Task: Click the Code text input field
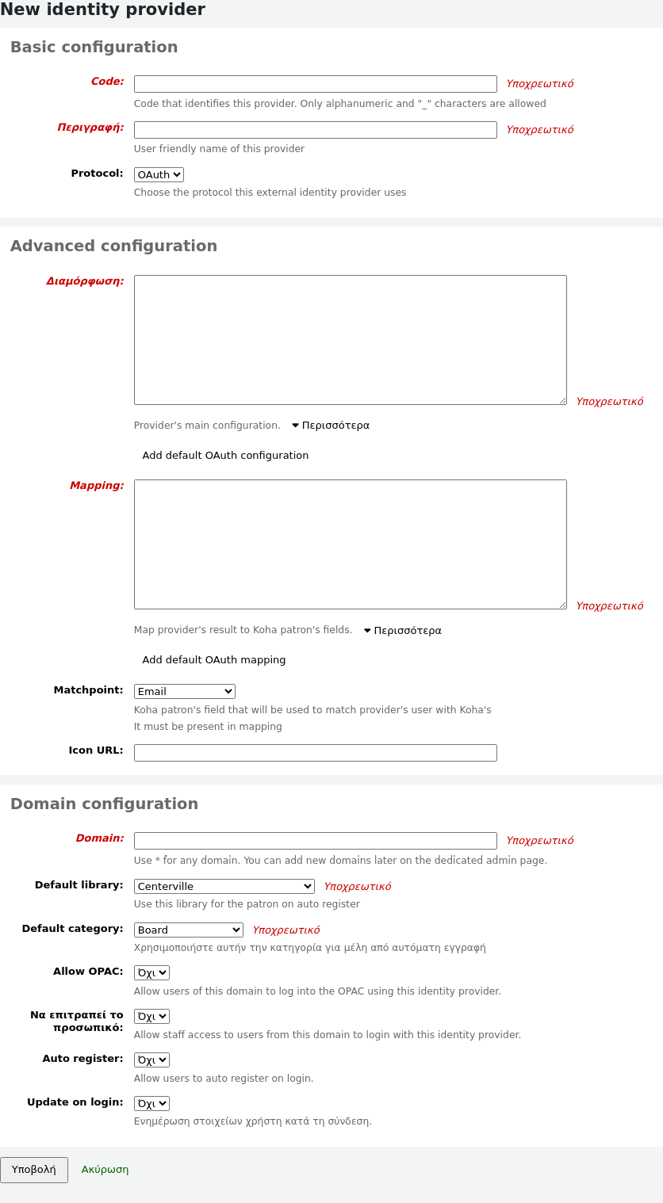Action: [x=315, y=84]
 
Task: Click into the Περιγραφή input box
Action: [x=315, y=130]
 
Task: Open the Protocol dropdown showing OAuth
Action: [x=159, y=174]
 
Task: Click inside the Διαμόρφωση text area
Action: [x=350, y=340]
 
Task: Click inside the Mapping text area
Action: [x=350, y=544]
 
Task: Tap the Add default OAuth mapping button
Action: [x=214, y=660]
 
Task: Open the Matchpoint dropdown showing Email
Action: [x=184, y=692]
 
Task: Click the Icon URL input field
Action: [x=315, y=753]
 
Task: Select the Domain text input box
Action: [x=315, y=841]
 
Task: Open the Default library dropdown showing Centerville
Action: [x=224, y=887]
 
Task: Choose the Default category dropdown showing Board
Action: [x=188, y=930]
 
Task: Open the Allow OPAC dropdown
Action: [x=151, y=973]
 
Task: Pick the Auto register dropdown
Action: [x=151, y=1060]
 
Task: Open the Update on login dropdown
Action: [x=151, y=1104]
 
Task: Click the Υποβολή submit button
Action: [x=34, y=1170]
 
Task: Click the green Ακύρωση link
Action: [x=105, y=1170]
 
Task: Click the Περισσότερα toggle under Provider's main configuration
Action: [x=331, y=426]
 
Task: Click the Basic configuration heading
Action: [x=94, y=47]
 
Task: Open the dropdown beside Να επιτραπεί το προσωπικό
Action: [x=151, y=1017]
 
